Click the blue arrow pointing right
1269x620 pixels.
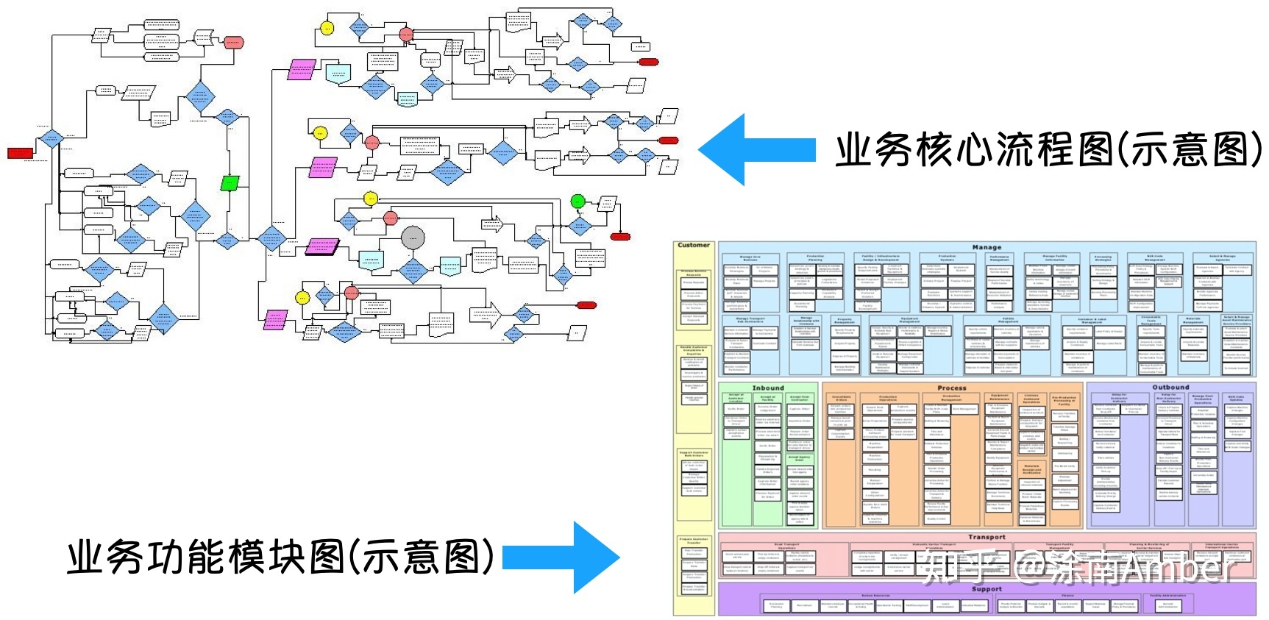pos(563,557)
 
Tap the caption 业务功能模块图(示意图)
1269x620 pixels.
pos(280,557)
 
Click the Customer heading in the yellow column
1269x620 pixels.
pos(694,246)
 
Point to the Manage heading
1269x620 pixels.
pos(987,247)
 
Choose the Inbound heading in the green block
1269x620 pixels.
pos(768,388)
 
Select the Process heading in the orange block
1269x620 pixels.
pos(952,388)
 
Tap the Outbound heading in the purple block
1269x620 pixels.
pos(1170,387)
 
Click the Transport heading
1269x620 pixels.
pos(987,537)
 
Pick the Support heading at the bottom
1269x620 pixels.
pos(987,589)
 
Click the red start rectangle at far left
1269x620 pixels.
pos(20,153)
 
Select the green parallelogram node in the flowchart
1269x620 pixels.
pos(230,182)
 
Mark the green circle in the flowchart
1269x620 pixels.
pos(577,201)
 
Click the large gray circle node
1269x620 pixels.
pos(413,238)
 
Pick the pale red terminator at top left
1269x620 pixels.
pos(233,42)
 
